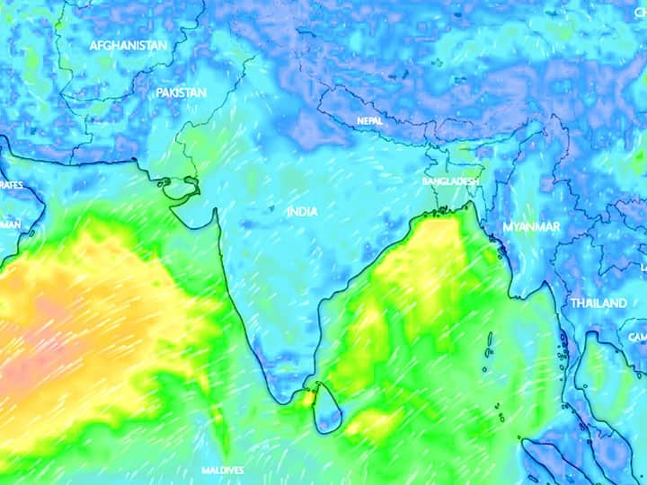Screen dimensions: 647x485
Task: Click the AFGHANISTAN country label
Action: [x=128, y=45]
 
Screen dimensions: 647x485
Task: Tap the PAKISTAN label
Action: [x=181, y=93]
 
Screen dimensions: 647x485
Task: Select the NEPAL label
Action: [x=369, y=120]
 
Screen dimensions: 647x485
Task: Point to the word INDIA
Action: [x=302, y=212]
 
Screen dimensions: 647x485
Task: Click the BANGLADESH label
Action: [x=450, y=181]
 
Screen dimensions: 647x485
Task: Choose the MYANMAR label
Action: [x=531, y=227]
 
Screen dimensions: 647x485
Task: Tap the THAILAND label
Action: [x=598, y=304]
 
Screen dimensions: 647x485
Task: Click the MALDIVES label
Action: [x=222, y=471]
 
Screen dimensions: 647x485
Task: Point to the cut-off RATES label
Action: [x=11, y=184]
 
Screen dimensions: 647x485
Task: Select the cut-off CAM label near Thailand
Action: [x=637, y=337]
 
